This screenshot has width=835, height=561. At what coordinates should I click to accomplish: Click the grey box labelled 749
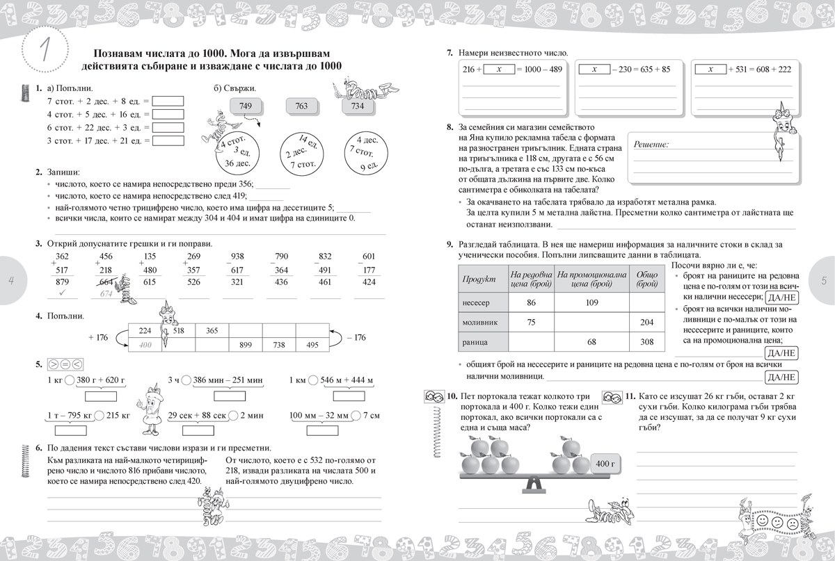245,106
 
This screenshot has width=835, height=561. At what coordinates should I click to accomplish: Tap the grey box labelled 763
301,106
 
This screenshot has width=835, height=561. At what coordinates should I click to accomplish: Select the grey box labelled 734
358,106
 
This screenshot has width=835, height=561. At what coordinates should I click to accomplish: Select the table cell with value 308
647,342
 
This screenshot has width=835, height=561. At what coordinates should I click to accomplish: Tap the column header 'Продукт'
479,279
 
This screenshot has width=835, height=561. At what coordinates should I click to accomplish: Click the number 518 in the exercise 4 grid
178,331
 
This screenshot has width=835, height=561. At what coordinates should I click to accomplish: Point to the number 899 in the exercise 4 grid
246,345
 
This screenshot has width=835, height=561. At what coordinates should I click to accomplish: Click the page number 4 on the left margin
10,280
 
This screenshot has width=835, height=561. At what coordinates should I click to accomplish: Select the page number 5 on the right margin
823,281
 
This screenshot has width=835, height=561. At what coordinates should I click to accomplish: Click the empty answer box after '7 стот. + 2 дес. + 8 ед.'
168,101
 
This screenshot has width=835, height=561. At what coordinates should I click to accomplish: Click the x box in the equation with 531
711,70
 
